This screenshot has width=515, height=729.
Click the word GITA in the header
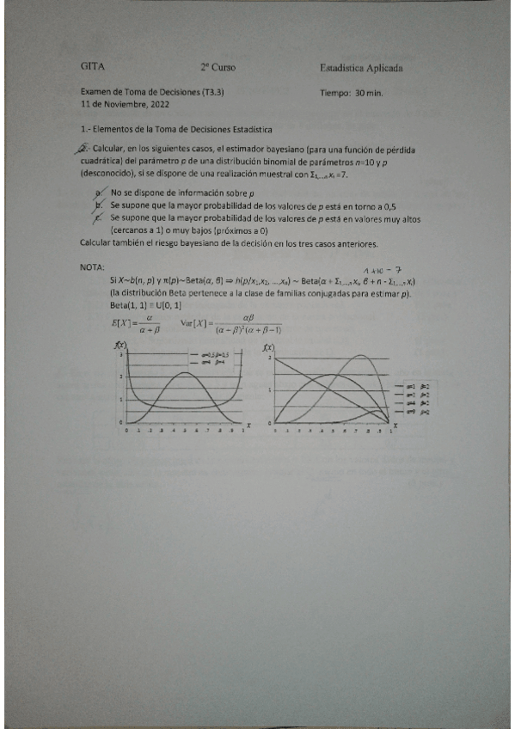pos(90,66)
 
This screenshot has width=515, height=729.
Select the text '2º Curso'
pos(218,66)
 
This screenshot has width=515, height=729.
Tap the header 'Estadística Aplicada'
pos(361,67)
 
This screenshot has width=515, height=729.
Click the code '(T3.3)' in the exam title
pos(221,91)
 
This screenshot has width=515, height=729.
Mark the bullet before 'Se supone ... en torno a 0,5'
pos(101,206)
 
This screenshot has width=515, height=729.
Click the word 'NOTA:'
pos(92,267)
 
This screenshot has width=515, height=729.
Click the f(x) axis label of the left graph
pos(120,346)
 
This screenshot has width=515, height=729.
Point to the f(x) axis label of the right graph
pos(270,346)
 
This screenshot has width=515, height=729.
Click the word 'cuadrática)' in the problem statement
pos(109,160)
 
